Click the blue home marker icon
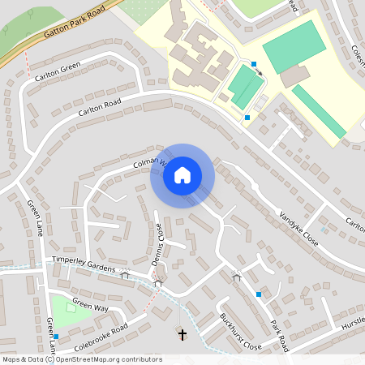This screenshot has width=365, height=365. coord(182,175)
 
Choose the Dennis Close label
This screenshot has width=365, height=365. coord(159,241)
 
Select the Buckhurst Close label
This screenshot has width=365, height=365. coord(240,333)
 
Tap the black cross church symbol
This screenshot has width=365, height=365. coord(182,334)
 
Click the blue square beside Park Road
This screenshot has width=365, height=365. coord(259,294)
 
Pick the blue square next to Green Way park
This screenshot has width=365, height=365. coord(56,336)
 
